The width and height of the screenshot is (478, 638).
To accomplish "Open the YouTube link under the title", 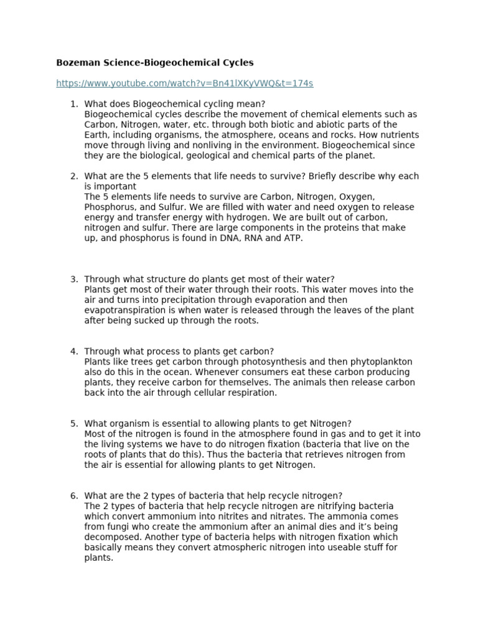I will pyautogui.click(x=184, y=83).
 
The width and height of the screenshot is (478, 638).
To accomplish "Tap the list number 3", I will pyautogui.click(x=73, y=280).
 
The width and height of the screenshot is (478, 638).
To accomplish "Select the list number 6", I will pyautogui.click(x=73, y=496).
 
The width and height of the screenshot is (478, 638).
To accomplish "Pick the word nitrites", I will pyautogui.click(x=263, y=517).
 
